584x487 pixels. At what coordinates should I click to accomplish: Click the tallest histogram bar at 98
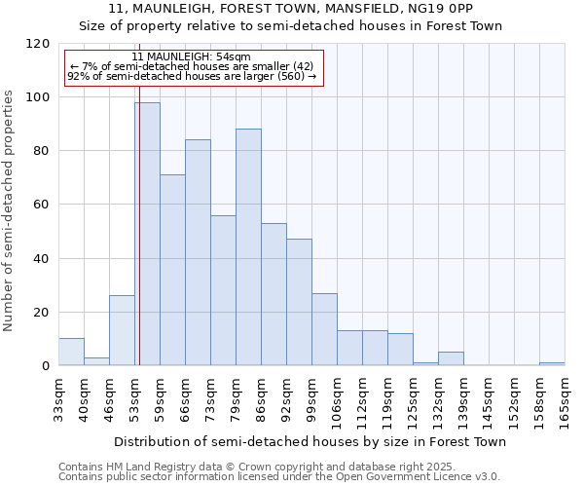147,234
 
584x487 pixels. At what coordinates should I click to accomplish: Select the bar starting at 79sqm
248,247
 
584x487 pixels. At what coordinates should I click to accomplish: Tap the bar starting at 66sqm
198,252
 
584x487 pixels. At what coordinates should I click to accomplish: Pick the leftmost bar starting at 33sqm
71,352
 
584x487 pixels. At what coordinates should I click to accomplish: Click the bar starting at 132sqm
451,358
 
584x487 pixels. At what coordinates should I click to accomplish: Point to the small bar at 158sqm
552,363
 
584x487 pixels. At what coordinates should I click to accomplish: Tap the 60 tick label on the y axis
42,206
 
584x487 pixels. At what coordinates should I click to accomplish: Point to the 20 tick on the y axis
42,313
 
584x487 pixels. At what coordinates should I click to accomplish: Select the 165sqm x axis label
565,399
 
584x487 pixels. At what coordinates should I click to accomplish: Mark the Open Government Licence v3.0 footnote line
279,477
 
